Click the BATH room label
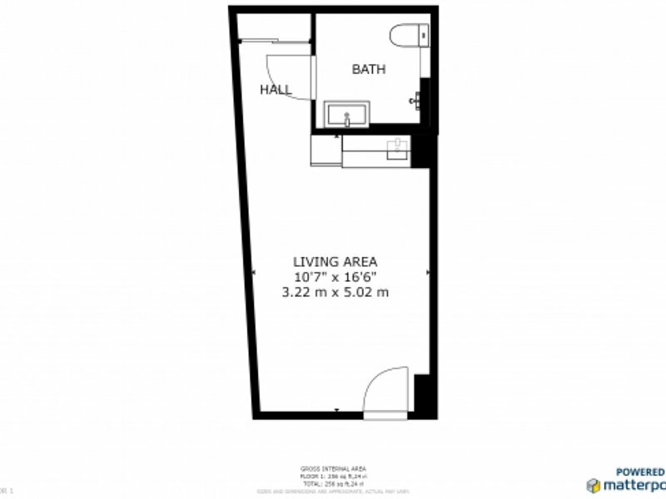(368, 70)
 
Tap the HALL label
(276, 90)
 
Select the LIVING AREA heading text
(335, 261)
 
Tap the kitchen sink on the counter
(398, 148)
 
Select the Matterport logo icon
(594, 486)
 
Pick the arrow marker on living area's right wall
(428, 272)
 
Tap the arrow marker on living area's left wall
(253, 272)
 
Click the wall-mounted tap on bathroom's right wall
(414, 100)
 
